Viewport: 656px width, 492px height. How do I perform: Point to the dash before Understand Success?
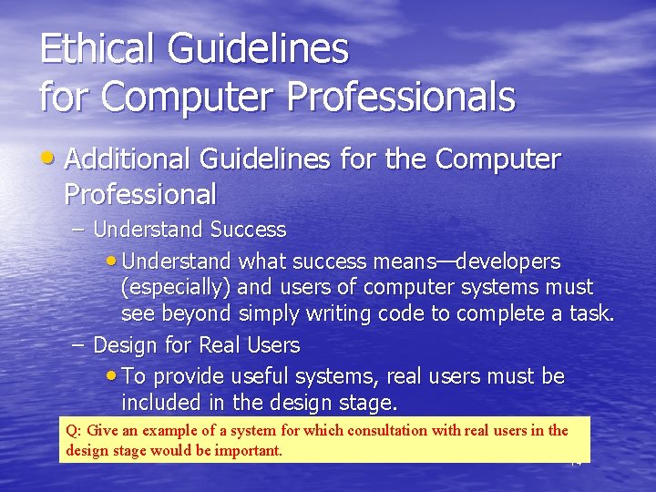coord(77,230)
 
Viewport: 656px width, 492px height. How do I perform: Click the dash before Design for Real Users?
coord(77,345)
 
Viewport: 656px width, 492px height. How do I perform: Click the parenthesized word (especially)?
coord(178,288)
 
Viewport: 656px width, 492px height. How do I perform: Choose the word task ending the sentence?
coord(590,314)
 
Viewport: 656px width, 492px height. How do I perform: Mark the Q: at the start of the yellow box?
coord(74,430)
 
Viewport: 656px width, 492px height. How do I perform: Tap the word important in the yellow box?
coord(247,450)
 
